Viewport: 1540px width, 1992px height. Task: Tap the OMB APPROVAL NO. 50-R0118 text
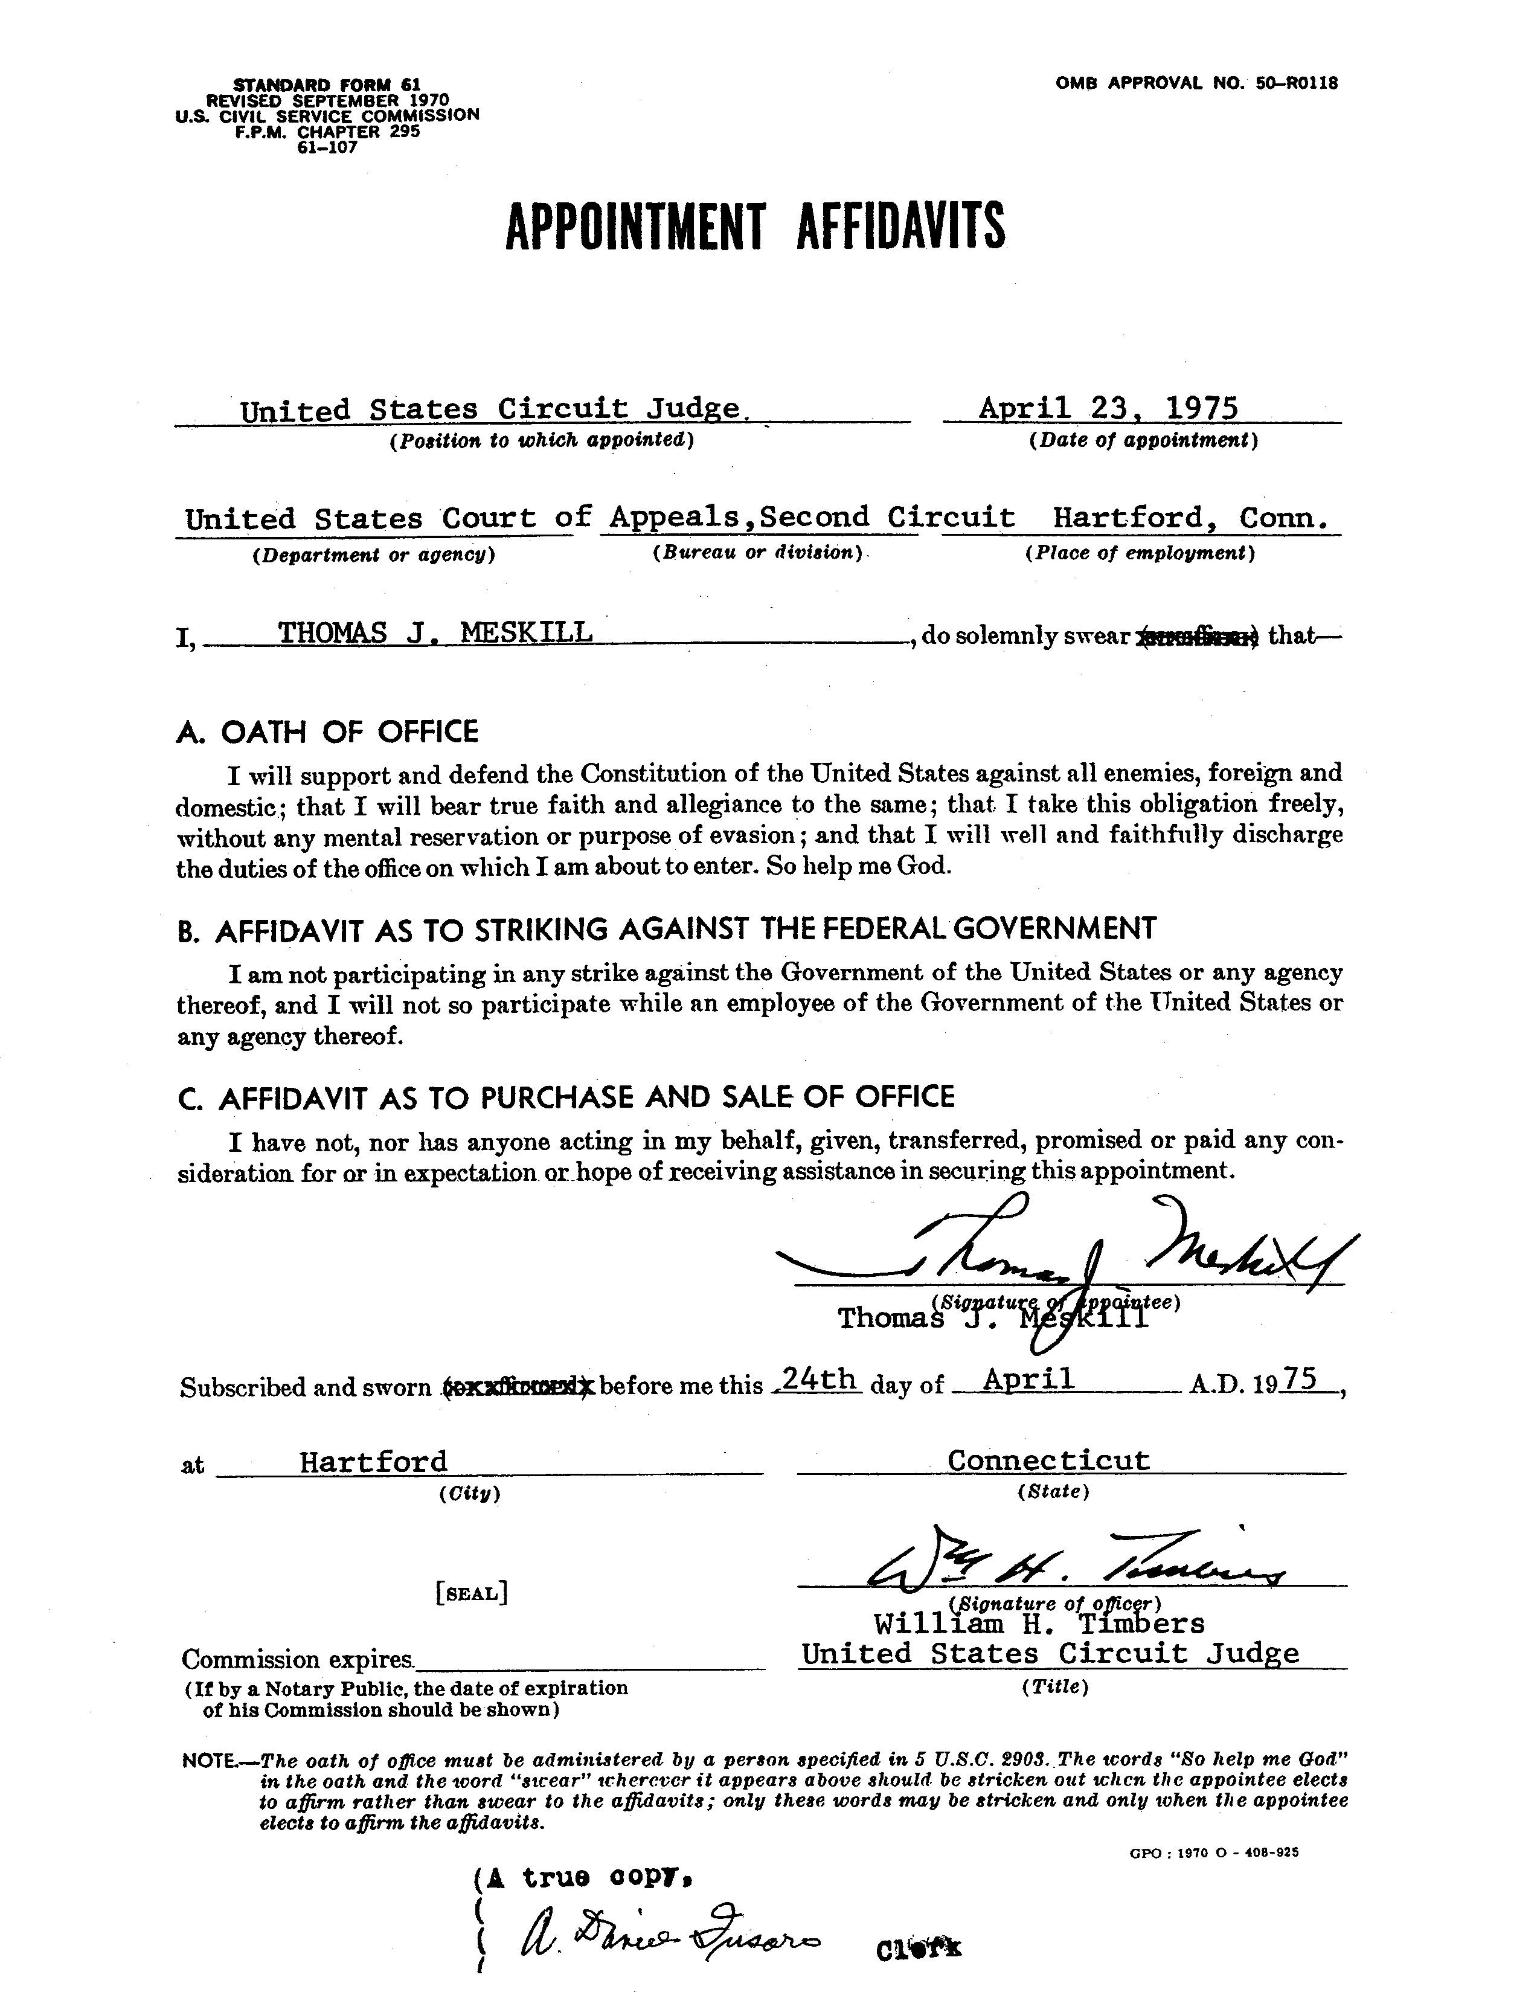click(1196, 84)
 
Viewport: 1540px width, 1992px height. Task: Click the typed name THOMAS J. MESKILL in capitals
click(435, 631)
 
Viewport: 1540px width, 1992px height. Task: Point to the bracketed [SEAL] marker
click(472, 1593)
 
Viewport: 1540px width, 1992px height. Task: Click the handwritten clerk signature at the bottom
click(670, 1945)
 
